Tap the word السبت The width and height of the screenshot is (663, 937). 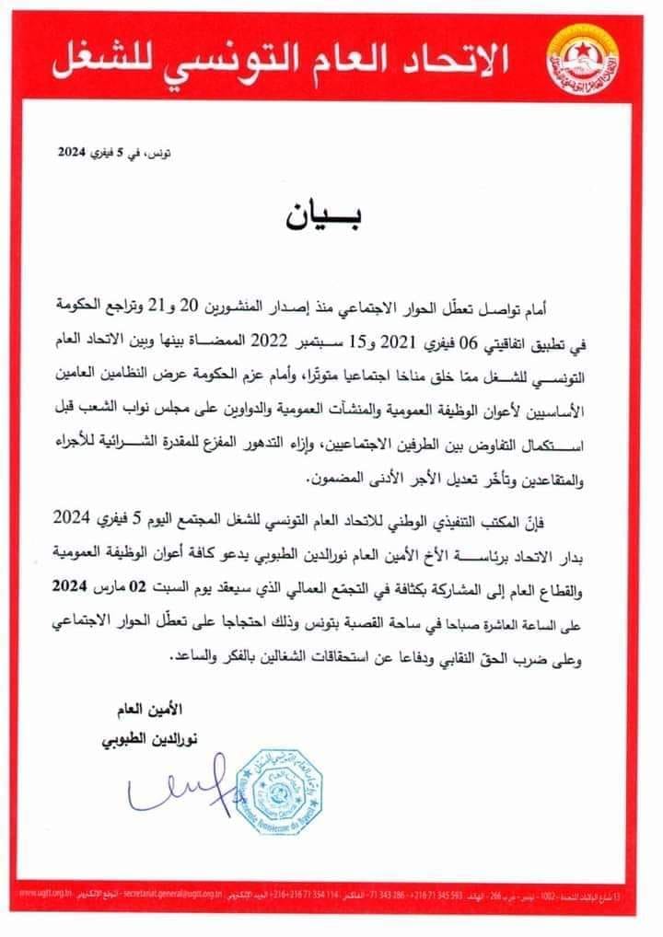(176, 584)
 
